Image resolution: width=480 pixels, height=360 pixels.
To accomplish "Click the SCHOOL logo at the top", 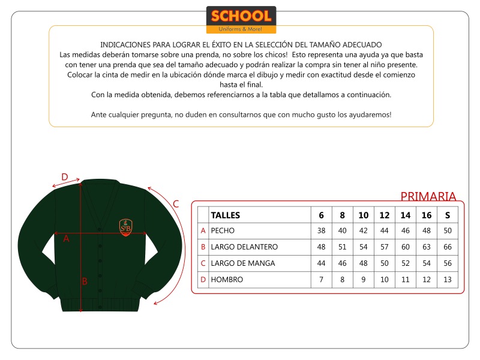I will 241,19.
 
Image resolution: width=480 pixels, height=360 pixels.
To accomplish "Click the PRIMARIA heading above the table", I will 428,196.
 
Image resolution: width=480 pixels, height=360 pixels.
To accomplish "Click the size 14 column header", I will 406,215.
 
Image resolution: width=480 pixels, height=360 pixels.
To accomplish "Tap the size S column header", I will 448,215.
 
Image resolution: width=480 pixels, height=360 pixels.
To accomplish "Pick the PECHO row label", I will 223,231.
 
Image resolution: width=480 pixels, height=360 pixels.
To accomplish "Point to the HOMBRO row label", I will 227,280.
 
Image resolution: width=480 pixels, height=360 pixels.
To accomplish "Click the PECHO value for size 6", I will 321,231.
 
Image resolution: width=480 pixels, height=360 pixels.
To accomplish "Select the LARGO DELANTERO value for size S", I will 448,247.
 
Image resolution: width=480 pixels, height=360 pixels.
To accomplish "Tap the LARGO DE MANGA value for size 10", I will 364,263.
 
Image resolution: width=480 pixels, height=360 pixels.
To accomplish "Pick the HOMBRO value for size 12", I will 385,280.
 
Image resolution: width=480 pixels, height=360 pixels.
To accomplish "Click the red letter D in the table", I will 203,280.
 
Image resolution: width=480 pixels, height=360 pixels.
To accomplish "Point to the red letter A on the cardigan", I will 67,239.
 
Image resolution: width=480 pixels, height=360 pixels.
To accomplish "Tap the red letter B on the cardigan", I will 85,281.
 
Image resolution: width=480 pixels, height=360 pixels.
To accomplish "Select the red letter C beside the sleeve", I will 176,203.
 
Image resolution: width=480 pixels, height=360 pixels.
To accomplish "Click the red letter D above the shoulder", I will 65,177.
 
